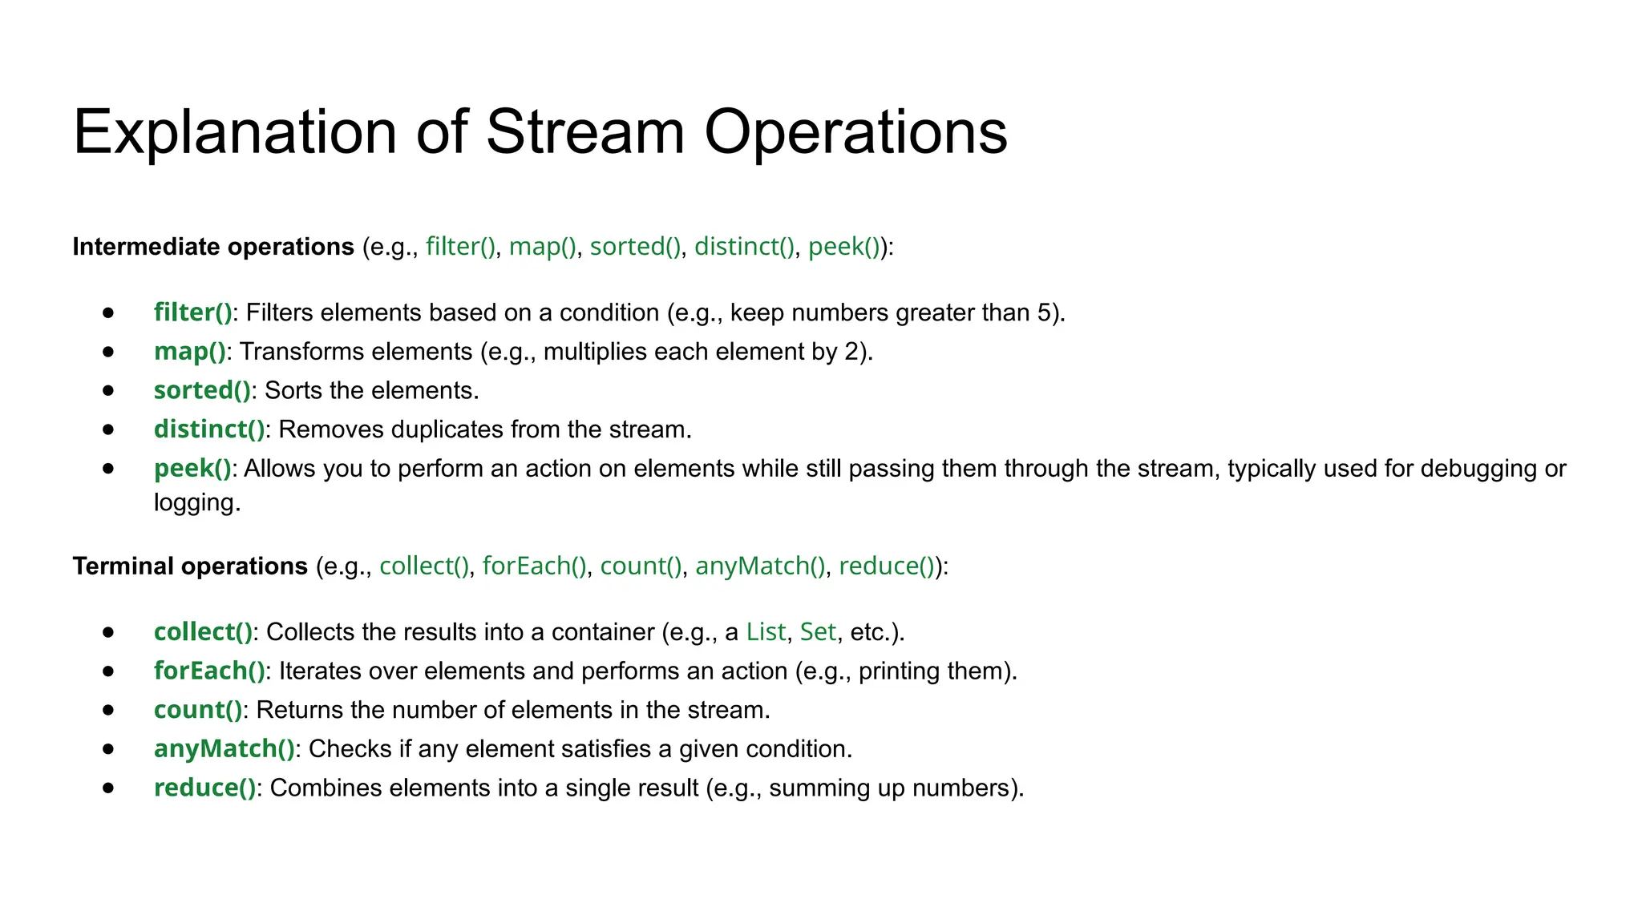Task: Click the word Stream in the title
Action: pyautogui.click(x=585, y=132)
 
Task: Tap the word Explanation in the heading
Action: pyautogui.click(x=235, y=132)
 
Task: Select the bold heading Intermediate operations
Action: pyautogui.click(x=213, y=247)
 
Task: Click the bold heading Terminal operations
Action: pyautogui.click(x=190, y=566)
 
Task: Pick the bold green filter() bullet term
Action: pyautogui.click(x=192, y=312)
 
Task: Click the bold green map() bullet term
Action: pyautogui.click(x=190, y=352)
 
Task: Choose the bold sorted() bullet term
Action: pyautogui.click(x=202, y=390)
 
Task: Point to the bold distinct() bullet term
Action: pyautogui.click(x=209, y=429)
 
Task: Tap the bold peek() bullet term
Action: pyautogui.click(x=192, y=469)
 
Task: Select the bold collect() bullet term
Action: pyautogui.click(x=204, y=632)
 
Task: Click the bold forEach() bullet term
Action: pyautogui.click(x=209, y=671)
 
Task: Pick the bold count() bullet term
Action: pyautogui.click(x=198, y=710)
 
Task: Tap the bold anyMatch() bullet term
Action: pyautogui.click(x=224, y=749)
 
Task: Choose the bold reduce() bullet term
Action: pyautogui.click(x=204, y=788)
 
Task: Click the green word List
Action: pyautogui.click(x=766, y=632)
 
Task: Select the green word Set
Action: pyautogui.click(x=818, y=632)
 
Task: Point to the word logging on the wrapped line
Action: pyautogui.click(x=196, y=503)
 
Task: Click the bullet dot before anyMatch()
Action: pyautogui.click(x=109, y=749)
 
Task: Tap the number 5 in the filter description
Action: pyautogui.click(x=1044, y=312)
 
